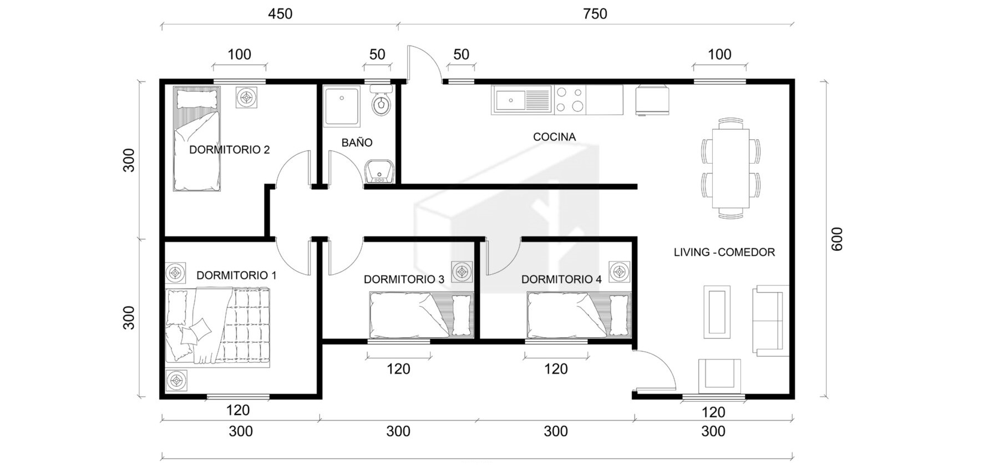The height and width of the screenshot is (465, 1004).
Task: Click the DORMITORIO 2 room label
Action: click(x=229, y=150)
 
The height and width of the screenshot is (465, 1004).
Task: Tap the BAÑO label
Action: click(x=357, y=143)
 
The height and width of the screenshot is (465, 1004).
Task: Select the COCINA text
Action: click(x=554, y=137)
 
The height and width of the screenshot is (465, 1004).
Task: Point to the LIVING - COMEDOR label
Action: click(x=724, y=252)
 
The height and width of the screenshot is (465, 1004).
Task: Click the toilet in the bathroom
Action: click(x=381, y=100)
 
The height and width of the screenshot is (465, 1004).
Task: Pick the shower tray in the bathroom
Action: click(x=342, y=106)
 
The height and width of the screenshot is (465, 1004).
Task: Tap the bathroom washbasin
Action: click(x=380, y=172)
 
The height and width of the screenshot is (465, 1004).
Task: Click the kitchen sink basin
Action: click(x=511, y=100)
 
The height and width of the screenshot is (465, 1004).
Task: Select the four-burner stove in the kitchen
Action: click(x=570, y=100)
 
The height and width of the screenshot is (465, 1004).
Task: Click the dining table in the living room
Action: click(x=731, y=168)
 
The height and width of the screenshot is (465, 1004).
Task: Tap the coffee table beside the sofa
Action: click(x=717, y=311)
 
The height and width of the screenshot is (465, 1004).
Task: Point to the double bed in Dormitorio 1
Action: click(x=217, y=327)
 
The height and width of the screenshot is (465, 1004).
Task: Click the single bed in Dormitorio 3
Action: click(x=422, y=315)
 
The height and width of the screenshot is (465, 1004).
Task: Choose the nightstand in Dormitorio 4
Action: click(x=620, y=272)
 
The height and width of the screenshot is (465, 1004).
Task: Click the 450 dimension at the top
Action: click(x=280, y=14)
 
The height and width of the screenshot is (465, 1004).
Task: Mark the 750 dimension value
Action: click(x=595, y=14)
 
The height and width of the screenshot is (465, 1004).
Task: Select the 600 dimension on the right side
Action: click(x=837, y=239)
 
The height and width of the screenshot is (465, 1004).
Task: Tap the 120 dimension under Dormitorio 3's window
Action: click(x=398, y=369)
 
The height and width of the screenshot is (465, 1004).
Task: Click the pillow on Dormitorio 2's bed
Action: click(x=196, y=99)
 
